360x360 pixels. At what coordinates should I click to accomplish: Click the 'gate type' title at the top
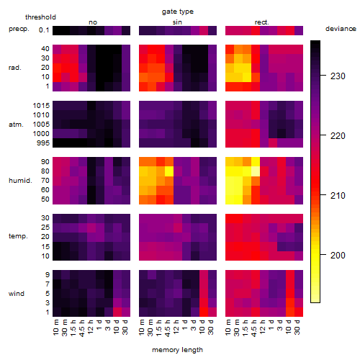coord(178,12)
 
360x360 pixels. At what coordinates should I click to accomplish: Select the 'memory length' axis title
coord(177,350)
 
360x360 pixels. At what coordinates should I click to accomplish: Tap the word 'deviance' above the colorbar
coord(341,29)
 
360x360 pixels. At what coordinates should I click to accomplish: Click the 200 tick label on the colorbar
coord(338,256)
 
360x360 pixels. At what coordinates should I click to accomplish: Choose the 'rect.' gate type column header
coord(262,22)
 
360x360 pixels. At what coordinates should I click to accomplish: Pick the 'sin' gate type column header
coord(177,22)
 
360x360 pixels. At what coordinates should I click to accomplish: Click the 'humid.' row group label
coord(20,181)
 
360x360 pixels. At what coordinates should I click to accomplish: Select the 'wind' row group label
coord(17,294)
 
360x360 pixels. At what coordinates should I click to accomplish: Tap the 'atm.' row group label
coord(16,125)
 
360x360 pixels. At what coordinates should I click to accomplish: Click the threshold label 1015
coord(41,106)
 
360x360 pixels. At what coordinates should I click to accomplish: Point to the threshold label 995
coord(43,143)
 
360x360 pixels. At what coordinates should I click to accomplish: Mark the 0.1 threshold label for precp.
coord(44,30)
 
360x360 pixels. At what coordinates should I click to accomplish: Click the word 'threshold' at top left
coord(40,17)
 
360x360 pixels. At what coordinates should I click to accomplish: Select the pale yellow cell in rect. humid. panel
coord(256,171)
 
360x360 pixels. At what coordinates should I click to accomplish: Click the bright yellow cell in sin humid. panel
coord(169,171)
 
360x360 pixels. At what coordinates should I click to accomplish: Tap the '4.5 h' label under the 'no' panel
coord(82,328)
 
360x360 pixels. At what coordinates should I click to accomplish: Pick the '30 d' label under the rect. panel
coord(297,327)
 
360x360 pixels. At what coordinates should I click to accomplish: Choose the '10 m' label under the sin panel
coord(142,328)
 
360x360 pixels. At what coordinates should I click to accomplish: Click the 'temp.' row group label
coord(18,236)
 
